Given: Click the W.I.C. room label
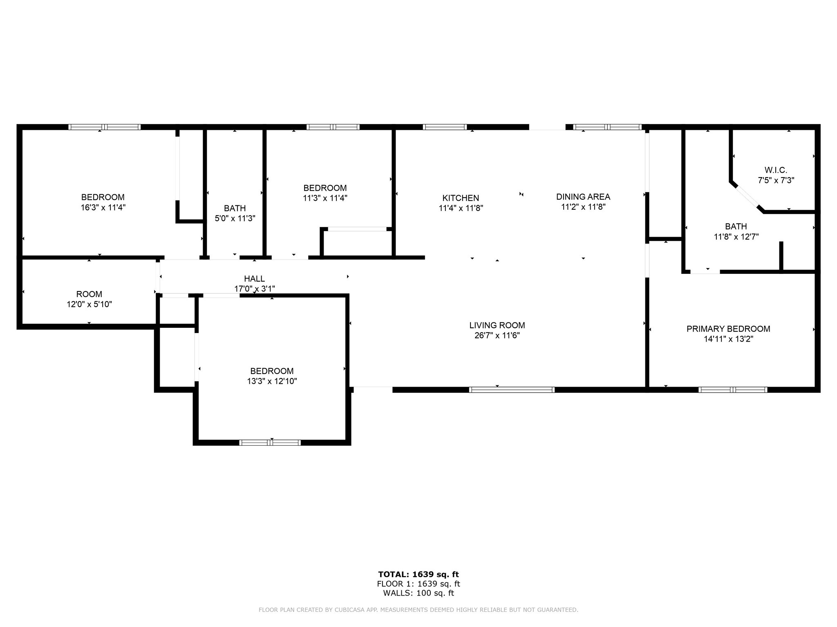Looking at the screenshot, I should coord(776,170).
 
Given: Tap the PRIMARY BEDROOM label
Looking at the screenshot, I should coord(728,329).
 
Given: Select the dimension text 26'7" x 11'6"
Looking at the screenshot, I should coord(497,336).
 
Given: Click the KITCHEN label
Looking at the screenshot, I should coord(461,198).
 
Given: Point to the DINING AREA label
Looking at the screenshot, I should coord(583,197).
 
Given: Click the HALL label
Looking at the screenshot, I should coord(254,279).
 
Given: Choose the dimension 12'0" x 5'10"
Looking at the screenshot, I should coord(89,304).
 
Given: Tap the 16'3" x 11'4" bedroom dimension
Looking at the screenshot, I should coord(103,207).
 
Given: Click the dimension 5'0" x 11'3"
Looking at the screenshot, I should coord(235,218).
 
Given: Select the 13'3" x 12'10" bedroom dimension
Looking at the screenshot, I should coord(272,381).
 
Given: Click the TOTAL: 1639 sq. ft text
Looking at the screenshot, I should coord(418,574).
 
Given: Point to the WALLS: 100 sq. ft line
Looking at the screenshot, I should coord(418,593).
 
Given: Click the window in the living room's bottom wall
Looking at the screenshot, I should coord(512,390).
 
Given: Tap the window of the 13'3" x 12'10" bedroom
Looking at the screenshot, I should coord(270,442).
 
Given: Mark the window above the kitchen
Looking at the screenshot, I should coord(445,127).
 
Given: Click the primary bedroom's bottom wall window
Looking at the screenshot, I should coord(733,390).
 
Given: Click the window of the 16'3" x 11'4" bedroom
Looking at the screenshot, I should coord(104,127).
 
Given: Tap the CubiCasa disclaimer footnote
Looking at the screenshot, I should coord(418,610).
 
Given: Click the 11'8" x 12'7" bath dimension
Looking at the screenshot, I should coord(736,236).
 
